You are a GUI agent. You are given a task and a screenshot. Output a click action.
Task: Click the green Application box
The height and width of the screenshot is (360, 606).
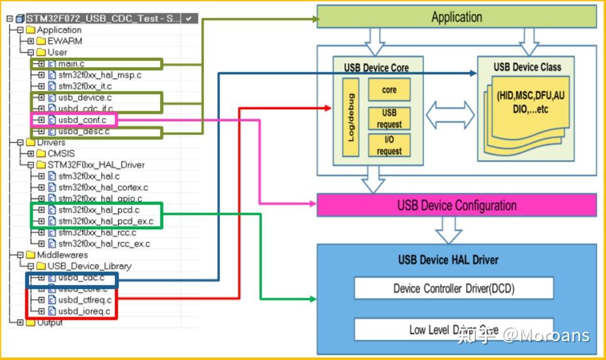click(457, 17)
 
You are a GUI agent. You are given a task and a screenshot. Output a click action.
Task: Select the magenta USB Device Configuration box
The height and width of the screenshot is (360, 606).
click(457, 205)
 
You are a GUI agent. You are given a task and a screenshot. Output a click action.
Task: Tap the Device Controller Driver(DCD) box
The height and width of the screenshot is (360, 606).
click(453, 288)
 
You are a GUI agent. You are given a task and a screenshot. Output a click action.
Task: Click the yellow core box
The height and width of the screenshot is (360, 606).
click(389, 90)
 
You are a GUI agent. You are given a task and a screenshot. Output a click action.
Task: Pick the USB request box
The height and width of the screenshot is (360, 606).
click(389, 118)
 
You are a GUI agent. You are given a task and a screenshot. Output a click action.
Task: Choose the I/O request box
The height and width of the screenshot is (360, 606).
click(389, 145)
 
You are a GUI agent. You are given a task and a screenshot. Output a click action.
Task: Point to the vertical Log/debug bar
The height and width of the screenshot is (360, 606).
click(351, 117)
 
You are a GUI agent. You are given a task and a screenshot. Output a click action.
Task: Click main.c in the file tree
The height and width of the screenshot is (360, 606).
click(72, 63)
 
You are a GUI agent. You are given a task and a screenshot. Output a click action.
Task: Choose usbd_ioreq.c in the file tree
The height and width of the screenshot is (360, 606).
click(84, 312)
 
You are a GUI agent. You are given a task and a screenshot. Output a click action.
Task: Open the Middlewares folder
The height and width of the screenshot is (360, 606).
click(62, 255)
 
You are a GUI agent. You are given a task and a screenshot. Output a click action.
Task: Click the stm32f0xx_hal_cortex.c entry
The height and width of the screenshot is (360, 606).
click(103, 187)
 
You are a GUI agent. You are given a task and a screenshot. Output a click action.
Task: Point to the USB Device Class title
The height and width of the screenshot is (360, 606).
click(527, 67)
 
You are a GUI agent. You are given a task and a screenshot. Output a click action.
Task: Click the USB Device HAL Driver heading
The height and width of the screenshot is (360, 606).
click(448, 259)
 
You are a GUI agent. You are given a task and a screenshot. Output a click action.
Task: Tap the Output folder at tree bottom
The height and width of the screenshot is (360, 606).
click(50, 323)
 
